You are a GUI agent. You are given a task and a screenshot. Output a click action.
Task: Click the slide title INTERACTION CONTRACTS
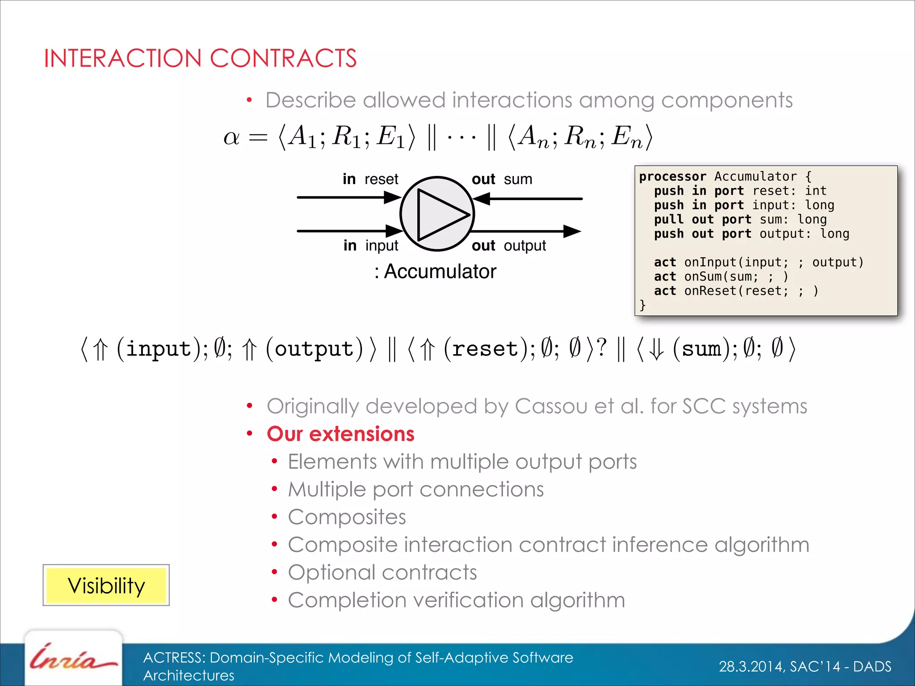click(200, 59)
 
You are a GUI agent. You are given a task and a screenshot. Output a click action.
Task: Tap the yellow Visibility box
click(106, 586)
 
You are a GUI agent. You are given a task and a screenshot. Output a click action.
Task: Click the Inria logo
click(72, 658)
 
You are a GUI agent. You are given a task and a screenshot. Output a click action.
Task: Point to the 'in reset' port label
click(370, 179)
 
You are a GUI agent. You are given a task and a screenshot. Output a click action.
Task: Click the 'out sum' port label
click(502, 179)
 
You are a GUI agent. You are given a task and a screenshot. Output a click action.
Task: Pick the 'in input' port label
click(371, 245)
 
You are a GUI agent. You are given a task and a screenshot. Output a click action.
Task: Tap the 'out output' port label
click(508, 245)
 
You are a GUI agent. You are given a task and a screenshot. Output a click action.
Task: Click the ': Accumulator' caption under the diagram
click(435, 271)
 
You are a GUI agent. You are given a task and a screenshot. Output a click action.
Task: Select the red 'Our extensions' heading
click(340, 434)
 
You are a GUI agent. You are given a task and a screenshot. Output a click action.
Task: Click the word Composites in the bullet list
click(347, 517)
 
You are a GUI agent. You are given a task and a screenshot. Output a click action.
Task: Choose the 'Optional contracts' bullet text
click(382, 572)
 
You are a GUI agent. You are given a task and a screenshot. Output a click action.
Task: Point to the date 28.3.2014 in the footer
click(751, 666)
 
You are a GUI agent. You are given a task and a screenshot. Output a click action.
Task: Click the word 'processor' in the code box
click(672, 176)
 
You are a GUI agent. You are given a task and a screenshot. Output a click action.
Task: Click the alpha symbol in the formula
click(231, 137)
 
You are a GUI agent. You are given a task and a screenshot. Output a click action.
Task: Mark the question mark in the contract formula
click(602, 347)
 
